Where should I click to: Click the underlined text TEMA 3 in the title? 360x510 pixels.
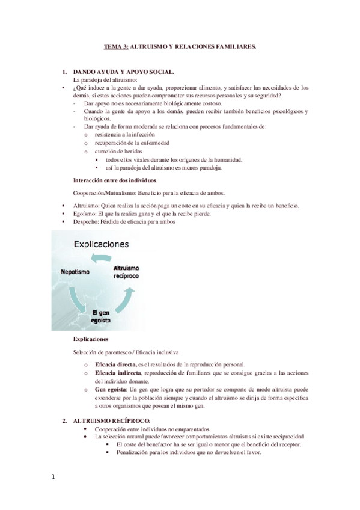(x=115, y=46)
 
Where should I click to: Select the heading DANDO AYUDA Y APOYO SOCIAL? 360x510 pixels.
(x=122, y=72)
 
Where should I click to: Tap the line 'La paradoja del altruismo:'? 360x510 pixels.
(x=105, y=79)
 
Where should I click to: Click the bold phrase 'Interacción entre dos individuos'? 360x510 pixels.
(x=115, y=180)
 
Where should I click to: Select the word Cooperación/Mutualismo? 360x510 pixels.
(x=104, y=193)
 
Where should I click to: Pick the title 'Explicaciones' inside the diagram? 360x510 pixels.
(x=101, y=244)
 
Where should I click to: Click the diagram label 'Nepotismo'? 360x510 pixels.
(x=76, y=272)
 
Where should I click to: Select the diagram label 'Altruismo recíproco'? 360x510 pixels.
(x=126, y=271)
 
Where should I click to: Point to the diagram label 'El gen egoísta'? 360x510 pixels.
(x=101, y=315)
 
